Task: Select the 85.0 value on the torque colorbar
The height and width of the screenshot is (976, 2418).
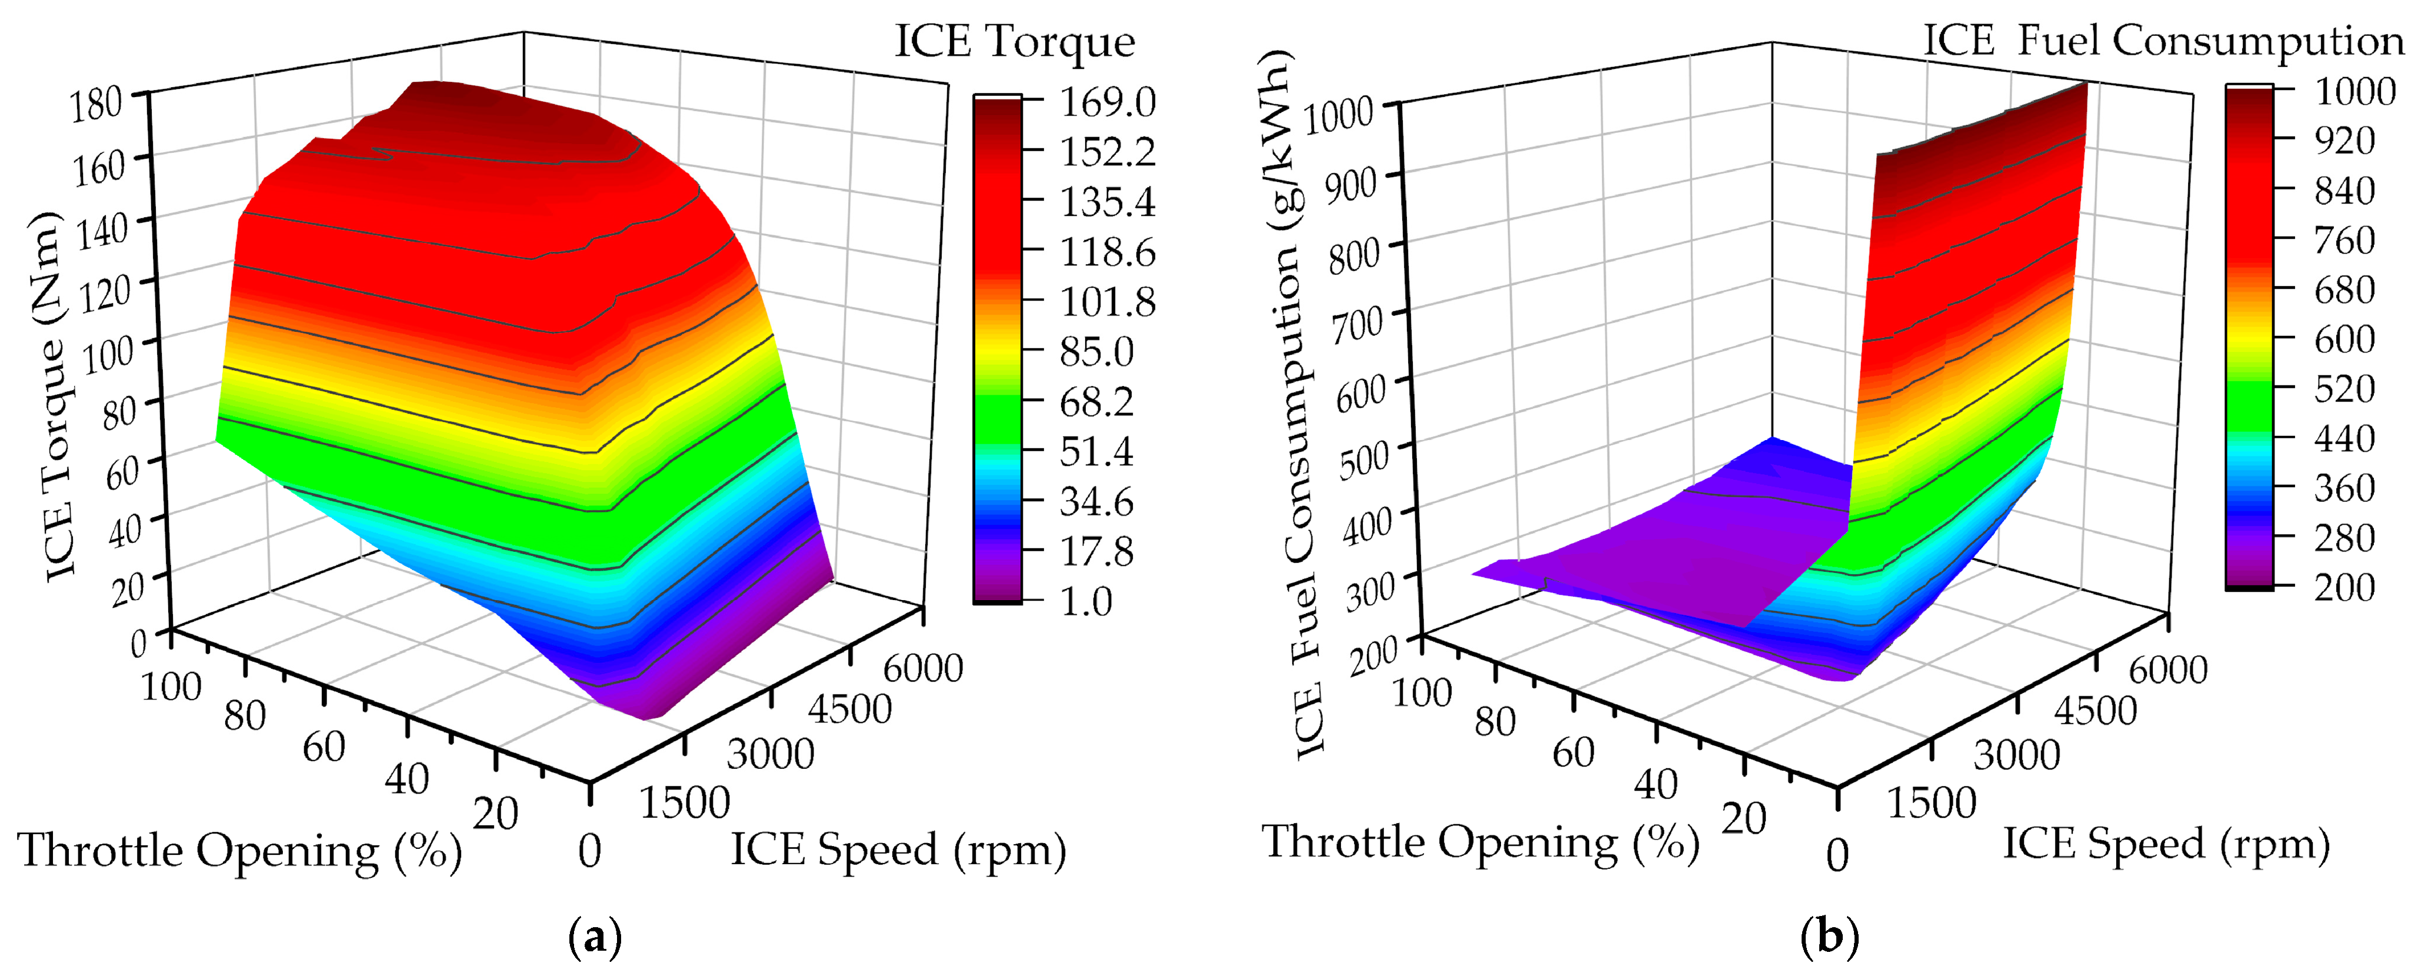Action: coord(1096,352)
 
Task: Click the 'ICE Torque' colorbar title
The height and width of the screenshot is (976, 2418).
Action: coord(1014,41)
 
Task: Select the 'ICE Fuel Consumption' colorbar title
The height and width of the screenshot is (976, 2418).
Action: coord(2164,41)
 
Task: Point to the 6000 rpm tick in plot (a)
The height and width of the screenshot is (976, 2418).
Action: coord(923,668)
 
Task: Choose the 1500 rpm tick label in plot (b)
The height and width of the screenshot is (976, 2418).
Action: coord(1931,803)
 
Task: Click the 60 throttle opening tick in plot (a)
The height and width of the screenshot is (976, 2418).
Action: coord(324,747)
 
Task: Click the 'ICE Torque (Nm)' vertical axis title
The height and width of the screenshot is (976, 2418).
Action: coord(55,394)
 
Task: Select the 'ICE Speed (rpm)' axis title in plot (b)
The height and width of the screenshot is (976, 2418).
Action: coord(2166,844)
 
